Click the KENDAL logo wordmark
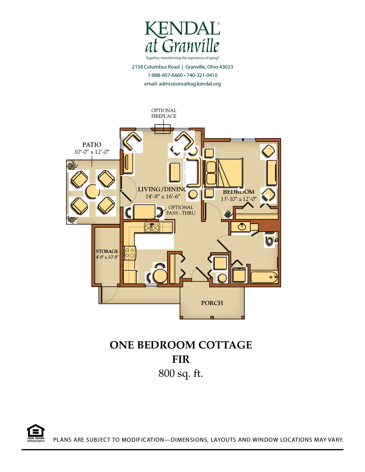tap(182, 29)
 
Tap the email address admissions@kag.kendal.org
tap(190, 84)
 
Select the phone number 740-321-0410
tap(202, 75)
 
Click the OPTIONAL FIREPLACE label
tap(164, 113)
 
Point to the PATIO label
tap(92, 144)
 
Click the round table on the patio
tap(93, 191)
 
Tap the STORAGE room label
tap(107, 251)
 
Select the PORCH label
tap(212, 303)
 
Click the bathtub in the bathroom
tap(264, 277)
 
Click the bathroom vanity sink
tap(241, 226)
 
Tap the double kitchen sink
tap(152, 228)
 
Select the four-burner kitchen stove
tap(130, 253)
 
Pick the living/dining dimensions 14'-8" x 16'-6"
tap(163, 196)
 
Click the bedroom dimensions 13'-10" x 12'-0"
tap(239, 199)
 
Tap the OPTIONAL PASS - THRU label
tap(181, 210)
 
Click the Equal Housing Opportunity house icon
tap(36, 430)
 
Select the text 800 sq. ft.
tap(181, 373)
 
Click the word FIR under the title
tap(181, 359)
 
